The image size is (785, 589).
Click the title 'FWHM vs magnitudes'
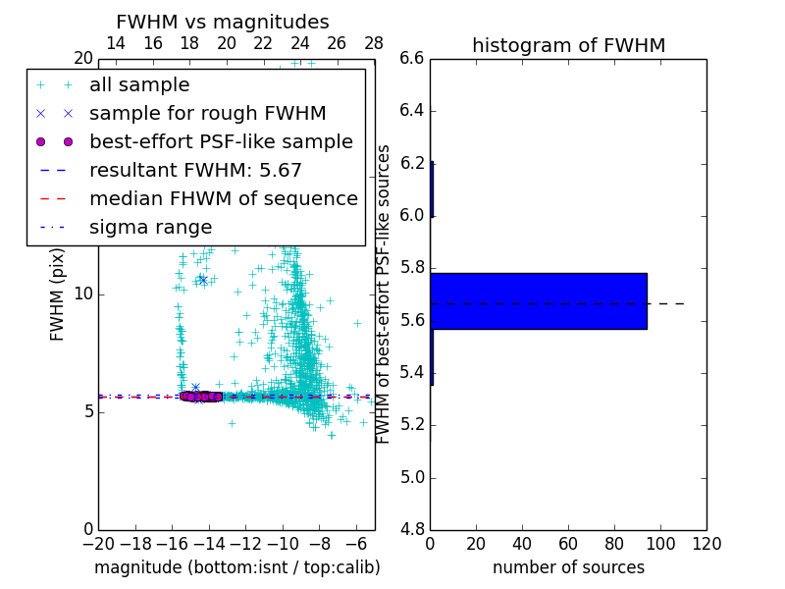(x=223, y=22)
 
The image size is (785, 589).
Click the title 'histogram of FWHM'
(x=568, y=45)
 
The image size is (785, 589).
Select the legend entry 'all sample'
(x=139, y=85)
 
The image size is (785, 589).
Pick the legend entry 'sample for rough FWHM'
(x=207, y=114)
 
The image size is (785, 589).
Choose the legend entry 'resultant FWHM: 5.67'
(x=195, y=171)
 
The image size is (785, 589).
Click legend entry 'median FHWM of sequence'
(x=223, y=199)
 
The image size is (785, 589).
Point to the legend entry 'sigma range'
(x=150, y=228)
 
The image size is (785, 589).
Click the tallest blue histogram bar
(x=538, y=300)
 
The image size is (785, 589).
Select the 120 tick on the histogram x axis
(x=706, y=543)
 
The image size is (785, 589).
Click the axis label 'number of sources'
(x=568, y=567)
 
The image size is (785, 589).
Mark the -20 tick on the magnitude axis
(x=98, y=543)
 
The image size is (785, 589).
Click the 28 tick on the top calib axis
(x=374, y=43)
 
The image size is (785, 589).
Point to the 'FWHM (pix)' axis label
(x=58, y=295)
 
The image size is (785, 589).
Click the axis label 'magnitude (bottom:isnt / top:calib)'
(x=236, y=567)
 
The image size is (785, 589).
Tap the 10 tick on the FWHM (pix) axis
(x=83, y=294)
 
